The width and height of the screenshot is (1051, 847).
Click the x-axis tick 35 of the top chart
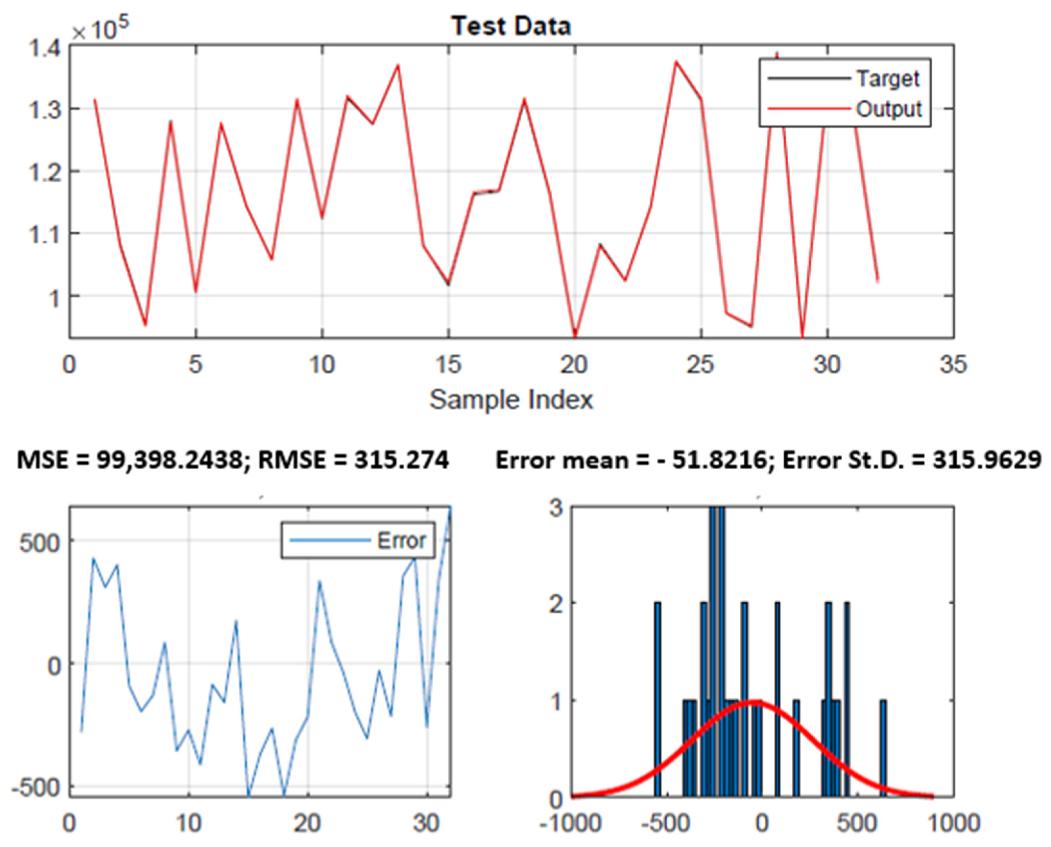click(x=953, y=364)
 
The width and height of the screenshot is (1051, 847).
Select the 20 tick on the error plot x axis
click(x=307, y=824)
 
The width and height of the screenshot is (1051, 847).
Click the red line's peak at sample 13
click(x=398, y=65)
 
